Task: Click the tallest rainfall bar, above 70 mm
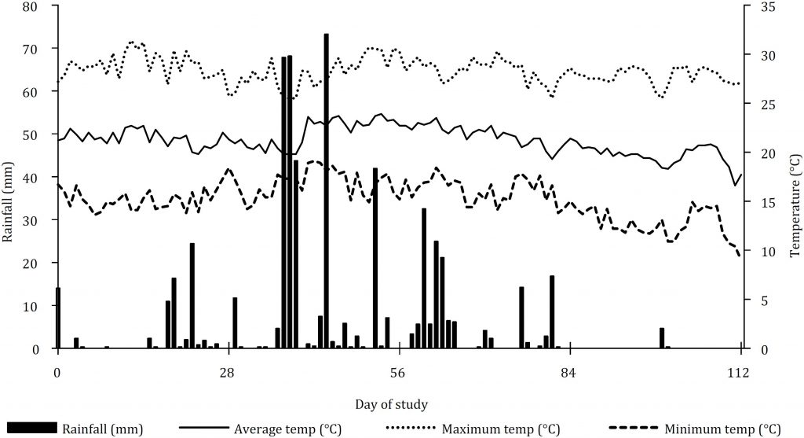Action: coord(326,189)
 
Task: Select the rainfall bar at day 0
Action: coord(58,318)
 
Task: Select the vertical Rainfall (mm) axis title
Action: coord(9,178)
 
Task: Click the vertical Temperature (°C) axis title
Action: coord(795,178)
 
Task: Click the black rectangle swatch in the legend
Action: coord(30,429)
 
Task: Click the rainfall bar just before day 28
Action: coord(217,346)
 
